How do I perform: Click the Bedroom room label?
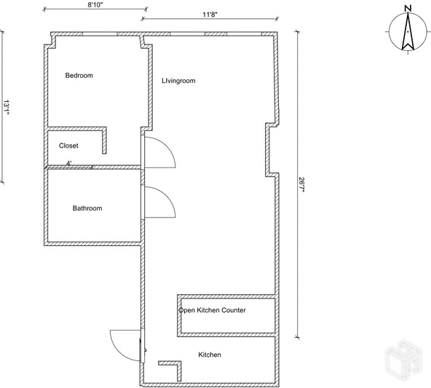tap(79, 75)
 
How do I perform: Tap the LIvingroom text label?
tap(178, 81)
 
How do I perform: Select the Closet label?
tap(68, 146)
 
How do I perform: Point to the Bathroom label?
tap(87, 208)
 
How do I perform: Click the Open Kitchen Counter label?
tap(212, 310)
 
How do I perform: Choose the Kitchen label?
tap(210, 355)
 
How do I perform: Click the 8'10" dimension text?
tap(95, 5)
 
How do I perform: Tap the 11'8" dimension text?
tap(210, 15)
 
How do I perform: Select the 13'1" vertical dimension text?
tap(6, 108)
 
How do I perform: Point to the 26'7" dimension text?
tap(301, 185)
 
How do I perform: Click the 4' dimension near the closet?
tap(69, 163)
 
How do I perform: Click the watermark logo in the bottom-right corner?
tap(403, 357)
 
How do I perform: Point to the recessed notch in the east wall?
tap(267, 149)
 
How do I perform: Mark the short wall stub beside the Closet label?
tap(104, 140)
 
